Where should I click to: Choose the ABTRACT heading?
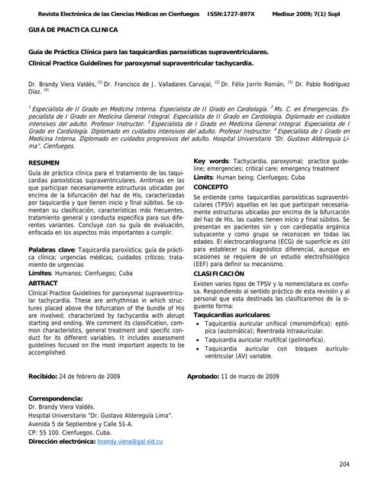(43, 282)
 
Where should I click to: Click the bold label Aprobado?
(202, 376)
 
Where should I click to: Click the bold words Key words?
(212, 162)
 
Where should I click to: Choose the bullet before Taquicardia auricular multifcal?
(199, 339)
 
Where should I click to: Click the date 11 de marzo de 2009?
(250, 376)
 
